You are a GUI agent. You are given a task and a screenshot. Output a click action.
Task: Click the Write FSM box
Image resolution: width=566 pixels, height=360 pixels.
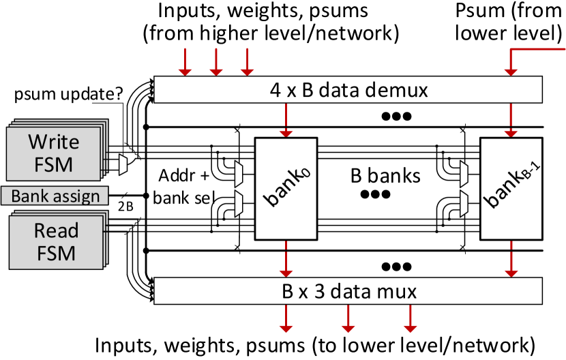click(x=53, y=153)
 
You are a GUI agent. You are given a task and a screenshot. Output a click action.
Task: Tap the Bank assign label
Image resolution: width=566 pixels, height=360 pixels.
click(x=55, y=196)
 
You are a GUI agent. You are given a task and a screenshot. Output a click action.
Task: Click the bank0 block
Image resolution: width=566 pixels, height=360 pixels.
click(x=286, y=189)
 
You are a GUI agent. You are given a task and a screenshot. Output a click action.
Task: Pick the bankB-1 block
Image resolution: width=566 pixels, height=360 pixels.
click(x=511, y=189)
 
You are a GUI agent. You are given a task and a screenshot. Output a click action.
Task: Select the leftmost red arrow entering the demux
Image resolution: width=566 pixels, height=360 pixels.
click(x=185, y=62)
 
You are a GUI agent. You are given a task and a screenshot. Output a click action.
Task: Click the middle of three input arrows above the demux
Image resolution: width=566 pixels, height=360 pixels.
click(x=215, y=62)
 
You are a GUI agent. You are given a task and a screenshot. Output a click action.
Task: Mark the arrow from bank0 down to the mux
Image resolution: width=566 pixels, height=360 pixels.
click(x=286, y=258)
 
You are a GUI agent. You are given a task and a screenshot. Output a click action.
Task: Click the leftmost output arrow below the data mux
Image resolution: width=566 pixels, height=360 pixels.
click(x=286, y=318)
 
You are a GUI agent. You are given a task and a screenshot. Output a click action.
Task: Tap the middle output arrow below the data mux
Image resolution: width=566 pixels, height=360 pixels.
click(x=348, y=318)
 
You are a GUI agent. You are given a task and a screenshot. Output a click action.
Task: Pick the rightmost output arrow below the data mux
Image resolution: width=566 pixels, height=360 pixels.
click(x=410, y=318)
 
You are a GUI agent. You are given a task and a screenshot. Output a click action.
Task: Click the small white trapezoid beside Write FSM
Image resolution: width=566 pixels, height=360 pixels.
click(x=123, y=164)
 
